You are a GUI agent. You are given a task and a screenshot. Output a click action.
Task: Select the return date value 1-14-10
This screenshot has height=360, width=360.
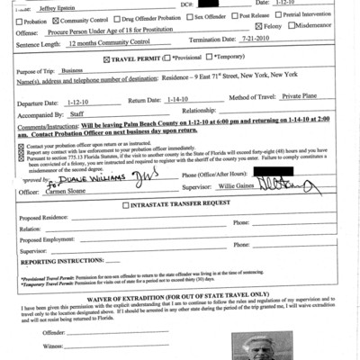(175, 103)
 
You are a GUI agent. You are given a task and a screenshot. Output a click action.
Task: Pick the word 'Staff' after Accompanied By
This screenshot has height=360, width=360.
(78, 113)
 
